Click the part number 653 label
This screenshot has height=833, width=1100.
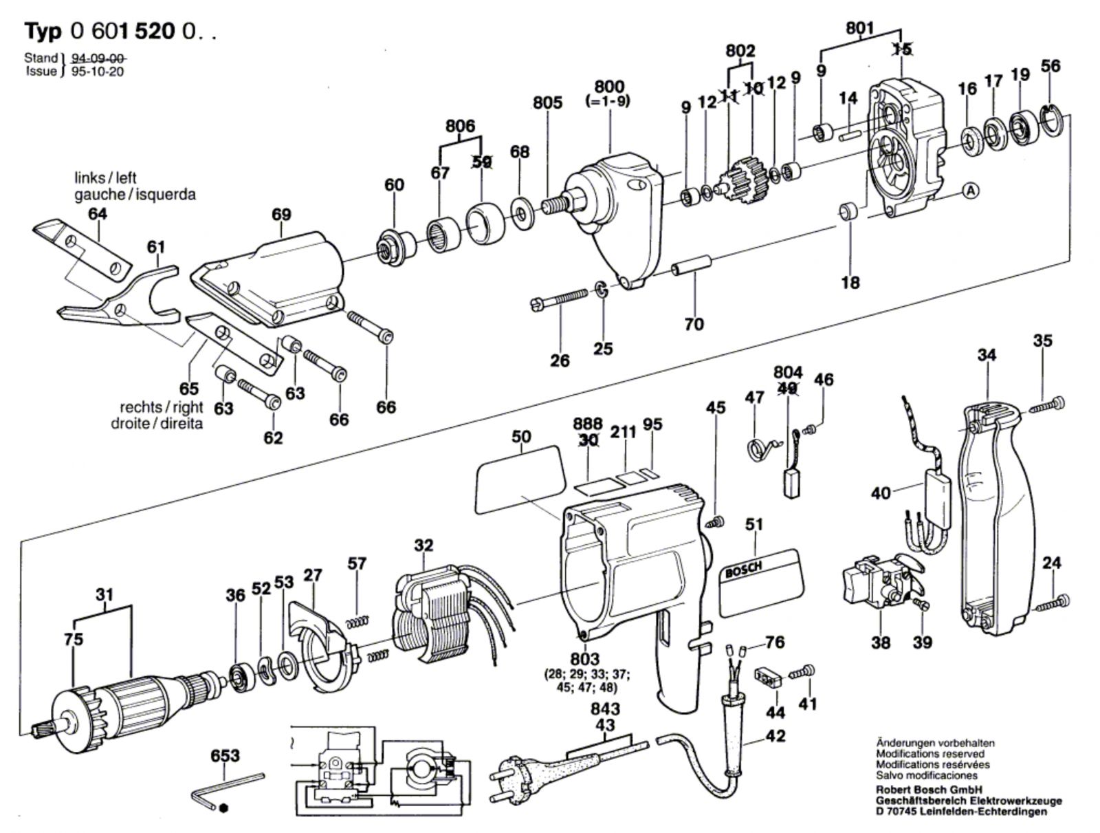point(225,755)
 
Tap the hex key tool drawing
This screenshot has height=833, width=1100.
point(227,792)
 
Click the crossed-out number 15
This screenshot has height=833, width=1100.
point(902,49)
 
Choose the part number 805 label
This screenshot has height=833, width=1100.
point(547,102)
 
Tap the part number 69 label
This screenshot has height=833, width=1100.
point(281,214)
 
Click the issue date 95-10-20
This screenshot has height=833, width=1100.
point(97,71)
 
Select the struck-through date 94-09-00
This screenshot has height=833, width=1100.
point(98,58)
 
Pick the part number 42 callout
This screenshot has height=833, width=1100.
point(775,736)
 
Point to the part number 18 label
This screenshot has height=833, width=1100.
point(850,283)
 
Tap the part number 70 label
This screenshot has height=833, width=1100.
point(694,324)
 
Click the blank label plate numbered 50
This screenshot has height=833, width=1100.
point(521,479)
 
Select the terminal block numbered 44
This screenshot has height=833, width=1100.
point(769,678)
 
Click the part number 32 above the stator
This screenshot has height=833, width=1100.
point(423,545)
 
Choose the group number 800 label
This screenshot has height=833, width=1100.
point(610,86)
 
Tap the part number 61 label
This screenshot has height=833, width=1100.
point(156,246)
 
